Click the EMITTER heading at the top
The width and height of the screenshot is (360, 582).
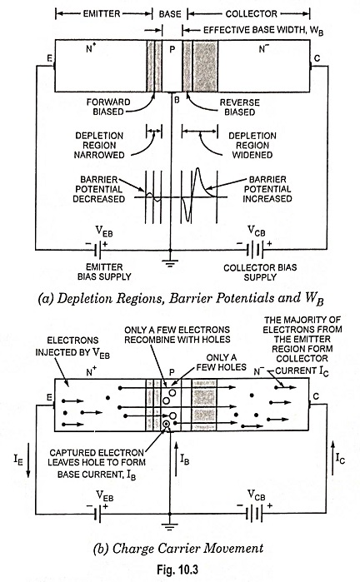pyautogui.click(x=102, y=14)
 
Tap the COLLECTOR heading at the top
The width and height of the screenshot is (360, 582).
pyautogui.click(x=251, y=14)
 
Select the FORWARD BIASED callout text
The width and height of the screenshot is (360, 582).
pyautogui.click(x=108, y=107)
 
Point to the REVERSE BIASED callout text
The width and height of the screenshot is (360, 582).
pyautogui.click(x=240, y=107)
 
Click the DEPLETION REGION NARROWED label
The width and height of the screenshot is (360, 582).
pyautogui.click(x=99, y=145)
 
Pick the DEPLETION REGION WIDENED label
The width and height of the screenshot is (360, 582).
pyautogui.click(x=252, y=145)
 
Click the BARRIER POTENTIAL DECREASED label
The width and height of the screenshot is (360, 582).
pyautogui.click(x=99, y=189)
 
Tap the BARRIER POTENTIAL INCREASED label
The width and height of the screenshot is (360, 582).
pyautogui.click(x=267, y=189)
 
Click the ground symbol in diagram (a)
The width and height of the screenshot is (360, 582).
pyautogui.click(x=170, y=264)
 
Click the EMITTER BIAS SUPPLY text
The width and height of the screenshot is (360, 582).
pyautogui.click(x=104, y=272)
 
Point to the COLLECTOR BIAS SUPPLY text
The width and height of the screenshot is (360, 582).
pyautogui.click(x=260, y=272)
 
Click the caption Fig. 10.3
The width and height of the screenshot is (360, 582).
pyautogui.click(x=177, y=570)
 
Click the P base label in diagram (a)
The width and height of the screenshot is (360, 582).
pyautogui.click(x=172, y=49)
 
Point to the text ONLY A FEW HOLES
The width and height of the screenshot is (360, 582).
pyautogui.click(x=222, y=362)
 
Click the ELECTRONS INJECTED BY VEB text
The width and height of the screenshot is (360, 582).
pyautogui.click(x=72, y=346)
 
